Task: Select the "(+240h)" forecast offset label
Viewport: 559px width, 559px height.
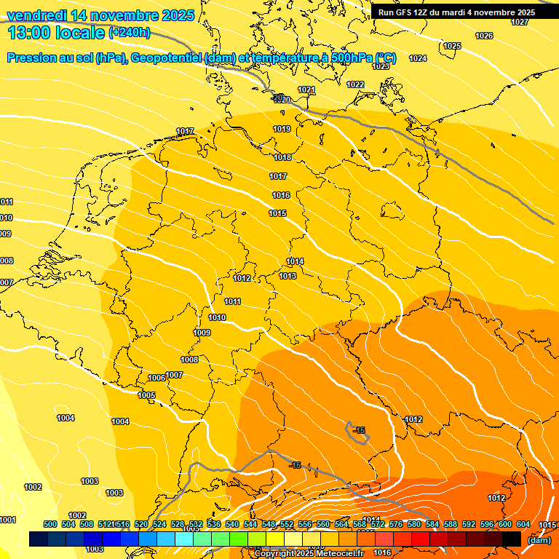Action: click(130, 33)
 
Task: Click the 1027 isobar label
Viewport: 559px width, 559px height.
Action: click(520, 23)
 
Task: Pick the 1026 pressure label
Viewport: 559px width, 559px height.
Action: click(483, 36)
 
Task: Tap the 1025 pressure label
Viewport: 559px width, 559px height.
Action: click(452, 46)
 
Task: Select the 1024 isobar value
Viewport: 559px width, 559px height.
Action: click(418, 58)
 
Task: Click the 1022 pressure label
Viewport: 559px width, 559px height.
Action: click(355, 85)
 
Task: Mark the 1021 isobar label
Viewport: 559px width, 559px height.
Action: click(306, 90)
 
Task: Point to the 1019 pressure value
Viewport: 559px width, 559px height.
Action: click(282, 129)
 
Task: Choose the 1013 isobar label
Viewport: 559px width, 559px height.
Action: click(288, 277)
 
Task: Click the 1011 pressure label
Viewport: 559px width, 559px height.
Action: click(233, 301)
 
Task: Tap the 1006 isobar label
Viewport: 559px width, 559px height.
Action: click(156, 378)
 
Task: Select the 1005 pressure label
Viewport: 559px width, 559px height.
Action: click(146, 395)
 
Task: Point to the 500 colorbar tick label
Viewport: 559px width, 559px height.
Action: click(50, 524)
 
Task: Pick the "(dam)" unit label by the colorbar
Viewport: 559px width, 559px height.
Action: click(539, 540)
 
